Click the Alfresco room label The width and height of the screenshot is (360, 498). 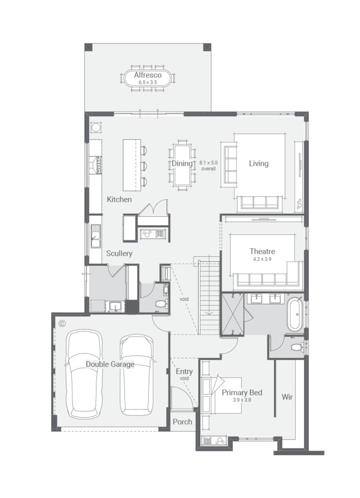click(148, 75)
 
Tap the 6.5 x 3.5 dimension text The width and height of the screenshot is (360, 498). click(148, 82)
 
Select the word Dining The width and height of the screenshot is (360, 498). click(182, 163)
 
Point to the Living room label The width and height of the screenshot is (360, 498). click(259, 163)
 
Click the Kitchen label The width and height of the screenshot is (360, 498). click(119, 199)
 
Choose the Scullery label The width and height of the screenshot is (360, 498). click(119, 253)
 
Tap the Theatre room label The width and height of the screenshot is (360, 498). click(262, 251)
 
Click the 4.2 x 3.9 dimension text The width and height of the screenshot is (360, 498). click(262, 259)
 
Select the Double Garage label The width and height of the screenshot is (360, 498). click(110, 364)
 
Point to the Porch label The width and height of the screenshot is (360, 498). click(182, 422)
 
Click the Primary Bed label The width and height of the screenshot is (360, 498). click(242, 392)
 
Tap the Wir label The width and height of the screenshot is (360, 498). click(287, 397)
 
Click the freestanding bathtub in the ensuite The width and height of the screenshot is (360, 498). click(295, 314)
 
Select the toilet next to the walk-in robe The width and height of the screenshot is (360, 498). click(297, 347)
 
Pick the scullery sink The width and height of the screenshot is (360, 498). click(95, 236)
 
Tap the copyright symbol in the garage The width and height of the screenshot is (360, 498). click(62, 323)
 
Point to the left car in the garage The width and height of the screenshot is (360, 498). click(84, 374)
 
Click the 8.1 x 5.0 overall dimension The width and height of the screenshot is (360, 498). click(208, 165)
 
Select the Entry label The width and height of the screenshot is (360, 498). click(184, 372)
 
